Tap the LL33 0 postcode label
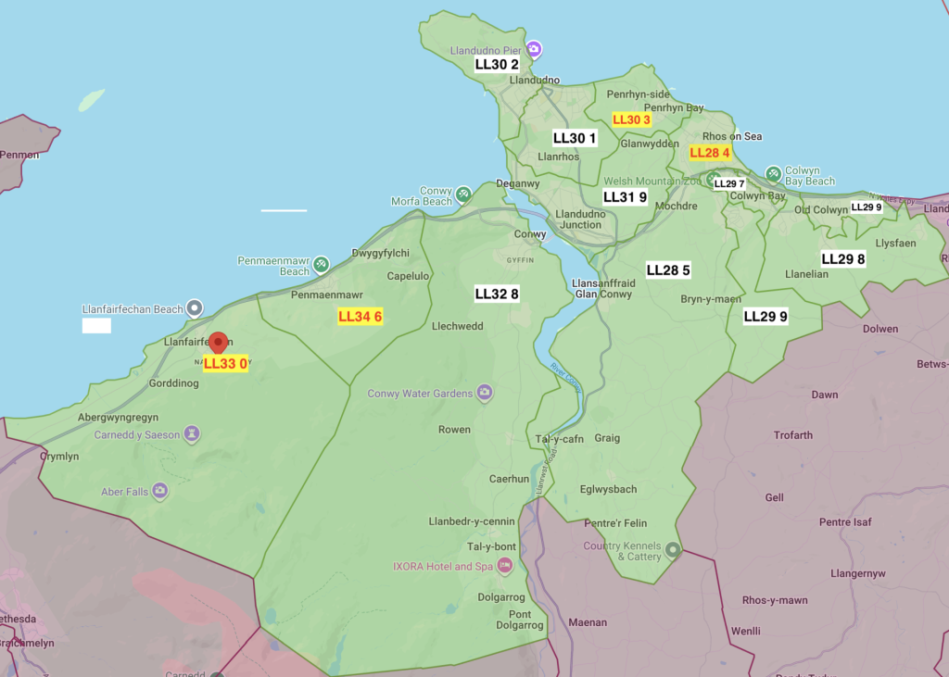coord(225,364)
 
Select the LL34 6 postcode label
coord(360,317)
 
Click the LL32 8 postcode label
coord(497,295)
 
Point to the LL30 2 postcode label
coord(497,65)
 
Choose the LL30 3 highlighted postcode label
coord(632,120)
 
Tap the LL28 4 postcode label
coord(710,153)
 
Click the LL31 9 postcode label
coord(625,197)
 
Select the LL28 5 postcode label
coord(668,270)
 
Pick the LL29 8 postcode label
coord(843,259)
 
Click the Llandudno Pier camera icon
coord(534,48)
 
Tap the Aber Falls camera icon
coord(160,491)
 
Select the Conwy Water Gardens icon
coord(484,394)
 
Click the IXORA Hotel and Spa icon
coord(505,565)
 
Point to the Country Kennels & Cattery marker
coord(674,551)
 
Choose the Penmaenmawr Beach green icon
coord(321,265)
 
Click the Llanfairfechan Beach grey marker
coord(195,307)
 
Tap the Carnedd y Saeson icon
coord(191,433)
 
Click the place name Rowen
coord(454,430)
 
